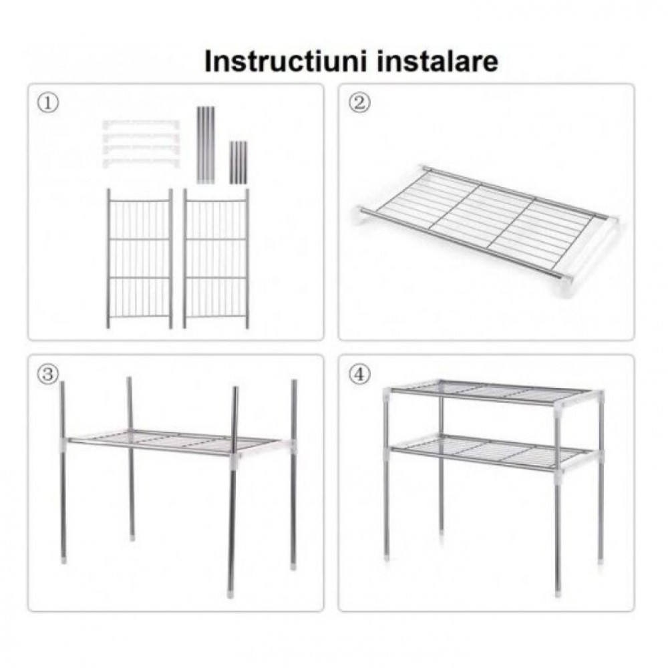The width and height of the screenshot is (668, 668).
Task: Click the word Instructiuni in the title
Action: [285, 61]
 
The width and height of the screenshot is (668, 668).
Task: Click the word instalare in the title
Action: [438, 61]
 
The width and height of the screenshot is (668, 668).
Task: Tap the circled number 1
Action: [47, 103]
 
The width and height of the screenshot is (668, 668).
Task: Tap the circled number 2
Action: [359, 103]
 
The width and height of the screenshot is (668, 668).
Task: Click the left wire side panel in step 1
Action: [140, 259]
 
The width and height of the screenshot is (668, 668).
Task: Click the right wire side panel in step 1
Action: [216, 259]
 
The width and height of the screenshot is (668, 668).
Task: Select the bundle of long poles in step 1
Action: [205, 145]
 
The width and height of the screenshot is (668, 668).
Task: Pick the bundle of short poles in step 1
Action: [238, 163]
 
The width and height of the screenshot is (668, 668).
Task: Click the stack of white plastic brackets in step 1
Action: [141, 144]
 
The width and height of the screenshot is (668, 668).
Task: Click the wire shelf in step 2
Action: [485, 230]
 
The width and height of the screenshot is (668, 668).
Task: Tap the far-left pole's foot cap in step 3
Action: [64, 559]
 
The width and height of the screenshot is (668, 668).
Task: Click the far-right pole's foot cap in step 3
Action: [294, 565]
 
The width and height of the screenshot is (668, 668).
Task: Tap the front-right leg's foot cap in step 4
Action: [558, 592]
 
